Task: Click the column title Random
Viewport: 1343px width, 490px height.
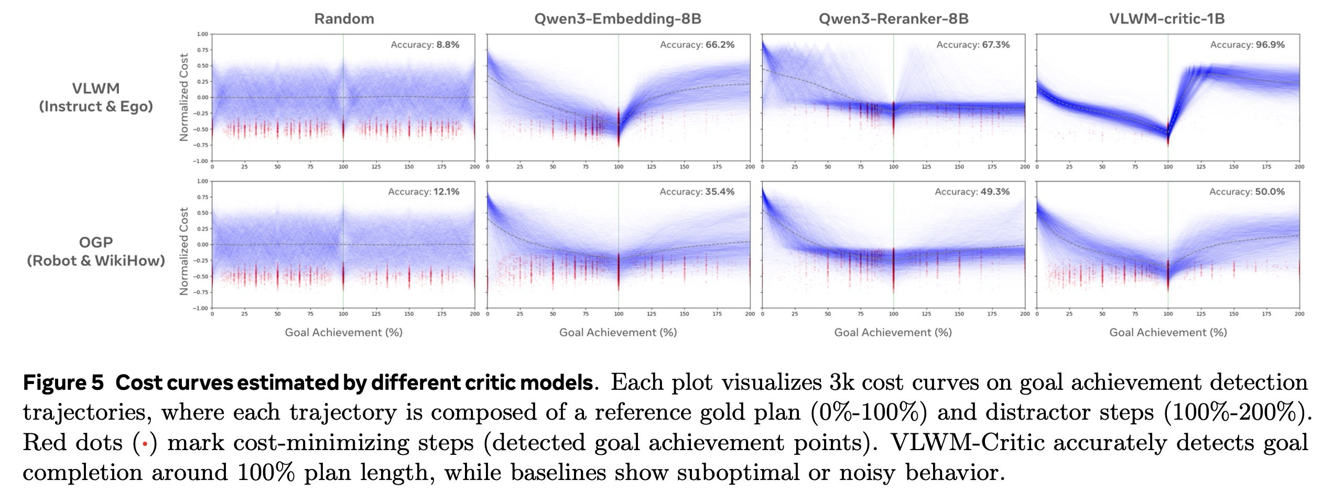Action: coord(344,19)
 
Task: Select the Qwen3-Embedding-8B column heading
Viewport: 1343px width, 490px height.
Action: coord(618,19)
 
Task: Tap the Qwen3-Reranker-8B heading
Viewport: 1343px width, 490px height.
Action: coord(893,19)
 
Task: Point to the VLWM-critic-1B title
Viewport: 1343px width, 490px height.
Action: coord(1167,19)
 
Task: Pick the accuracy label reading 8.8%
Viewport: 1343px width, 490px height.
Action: coord(448,45)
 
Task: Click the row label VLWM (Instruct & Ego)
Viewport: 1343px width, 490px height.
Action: coord(96,97)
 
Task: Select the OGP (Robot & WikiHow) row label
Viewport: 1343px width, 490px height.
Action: coord(96,251)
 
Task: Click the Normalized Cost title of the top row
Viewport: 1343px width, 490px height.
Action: coord(184,97)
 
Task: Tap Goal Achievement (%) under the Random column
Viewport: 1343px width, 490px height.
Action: coord(343,333)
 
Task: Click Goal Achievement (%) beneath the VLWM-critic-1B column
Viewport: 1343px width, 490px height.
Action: coord(1168,333)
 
